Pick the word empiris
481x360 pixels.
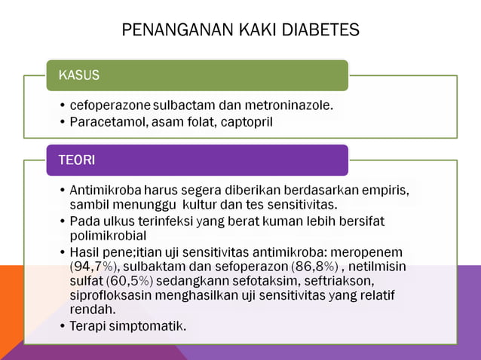click(x=387, y=191)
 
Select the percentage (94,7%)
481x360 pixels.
click(x=93, y=266)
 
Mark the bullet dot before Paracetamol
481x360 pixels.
click(x=61, y=122)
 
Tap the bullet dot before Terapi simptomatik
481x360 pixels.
click(x=61, y=326)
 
